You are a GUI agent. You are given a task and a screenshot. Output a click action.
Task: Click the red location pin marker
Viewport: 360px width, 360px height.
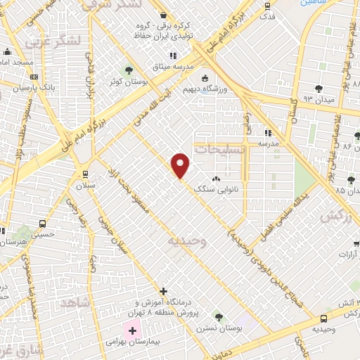point(181,165)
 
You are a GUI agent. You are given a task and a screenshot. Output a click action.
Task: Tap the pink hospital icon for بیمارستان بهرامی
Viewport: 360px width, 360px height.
point(132,329)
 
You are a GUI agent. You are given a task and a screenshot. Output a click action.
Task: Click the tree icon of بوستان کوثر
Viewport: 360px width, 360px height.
point(128,70)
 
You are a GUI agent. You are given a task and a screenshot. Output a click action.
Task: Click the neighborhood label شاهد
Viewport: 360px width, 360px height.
point(77,302)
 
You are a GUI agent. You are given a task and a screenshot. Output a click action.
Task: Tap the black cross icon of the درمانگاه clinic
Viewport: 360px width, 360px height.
point(163,290)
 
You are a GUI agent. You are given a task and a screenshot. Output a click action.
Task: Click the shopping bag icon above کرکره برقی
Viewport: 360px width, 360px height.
point(163,15)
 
